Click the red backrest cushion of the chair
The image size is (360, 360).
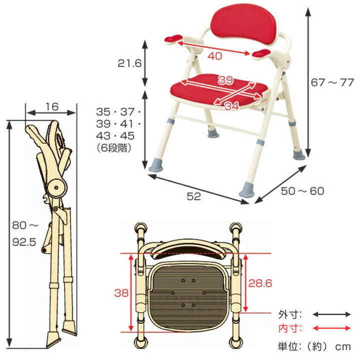click(245, 23)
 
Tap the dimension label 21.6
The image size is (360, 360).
click(129, 63)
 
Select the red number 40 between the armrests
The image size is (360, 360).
click(215, 56)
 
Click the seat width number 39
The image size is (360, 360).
click(225, 79)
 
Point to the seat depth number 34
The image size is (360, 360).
click(232, 106)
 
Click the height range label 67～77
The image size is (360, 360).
click(332, 82)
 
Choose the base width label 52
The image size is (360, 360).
click(194, 196)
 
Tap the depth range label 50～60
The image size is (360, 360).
click(302, 191)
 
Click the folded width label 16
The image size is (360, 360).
click(52, 107)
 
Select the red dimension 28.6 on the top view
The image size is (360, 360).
click(260, 283)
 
